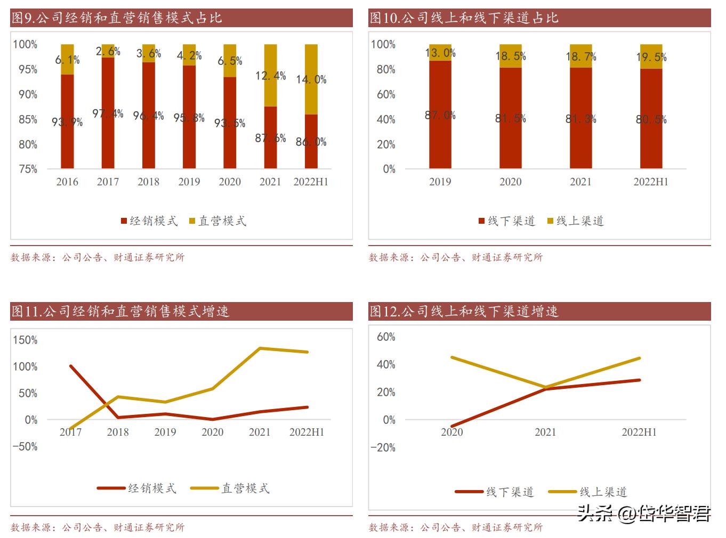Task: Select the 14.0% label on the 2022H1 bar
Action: tap(311, 80)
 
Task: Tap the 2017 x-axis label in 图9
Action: tap(108, 182)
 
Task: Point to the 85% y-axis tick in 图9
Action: tap(28, 119)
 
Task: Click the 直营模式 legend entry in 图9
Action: tap(218, 221)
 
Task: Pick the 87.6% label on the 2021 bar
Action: tap(270, 138)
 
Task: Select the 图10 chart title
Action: tap(464, 18)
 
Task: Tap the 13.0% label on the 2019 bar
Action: tap(440, 53)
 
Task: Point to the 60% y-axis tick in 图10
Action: tap(386, 94)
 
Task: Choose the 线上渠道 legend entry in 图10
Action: tap(576, 221)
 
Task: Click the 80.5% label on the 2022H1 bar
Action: tap(651, 120)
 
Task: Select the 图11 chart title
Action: tap(120, 311)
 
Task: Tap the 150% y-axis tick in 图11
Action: tap(26, 340)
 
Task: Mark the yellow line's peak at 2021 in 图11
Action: tap(260, 348)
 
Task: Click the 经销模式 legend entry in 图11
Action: tap(137, 488)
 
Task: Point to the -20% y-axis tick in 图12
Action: tap(383, 447)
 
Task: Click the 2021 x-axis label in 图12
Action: tap(545, 433)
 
